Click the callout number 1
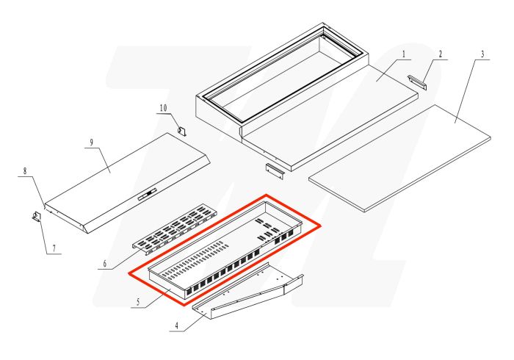click(x=404, y=53)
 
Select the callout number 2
click(x=441, y=53)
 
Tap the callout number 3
click(x=482, y=54)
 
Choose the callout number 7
click(x=51, y=248)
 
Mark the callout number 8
click(x=24, y=171)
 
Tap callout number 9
click(x=91, y=143)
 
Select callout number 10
click(x=164, y=108)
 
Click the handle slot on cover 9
click(x=147, y=194)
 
